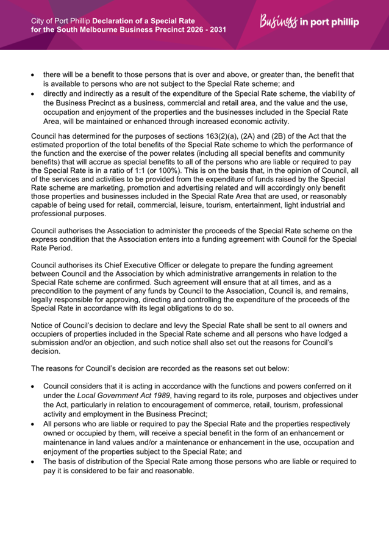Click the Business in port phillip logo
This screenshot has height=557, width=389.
pyautogui.click(x=309, y=23)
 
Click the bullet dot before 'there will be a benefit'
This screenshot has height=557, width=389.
pyautogui.click(x=34, y=75)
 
